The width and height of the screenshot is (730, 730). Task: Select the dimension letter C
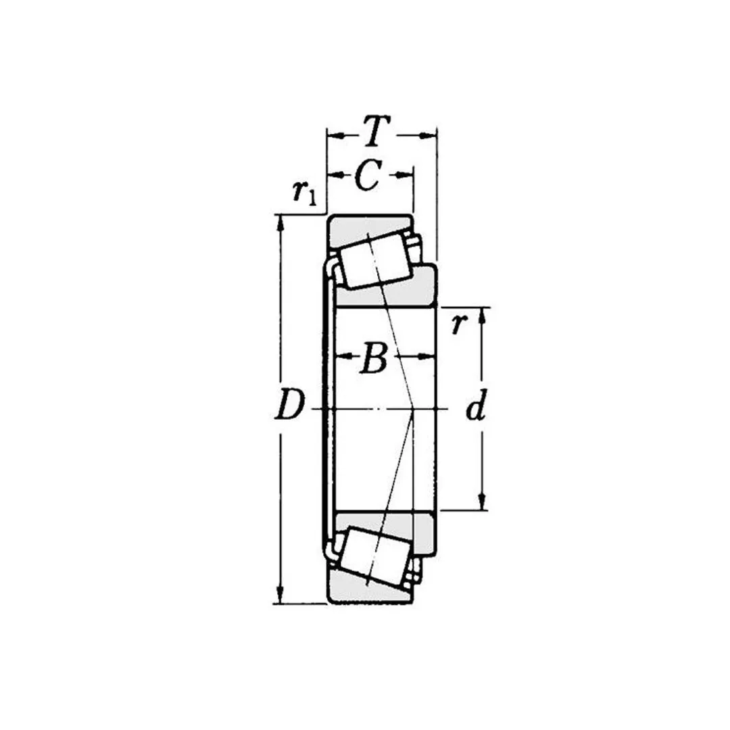click(x=368, y=175)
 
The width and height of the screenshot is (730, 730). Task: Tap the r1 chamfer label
click(x=304, y=192)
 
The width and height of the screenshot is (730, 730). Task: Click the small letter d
click(x=477, y=405)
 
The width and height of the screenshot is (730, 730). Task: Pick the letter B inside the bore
click(x=374, y=358)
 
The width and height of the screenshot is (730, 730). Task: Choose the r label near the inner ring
click(x=458, y=324)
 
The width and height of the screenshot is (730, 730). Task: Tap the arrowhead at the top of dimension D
click(x=280, y=223)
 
